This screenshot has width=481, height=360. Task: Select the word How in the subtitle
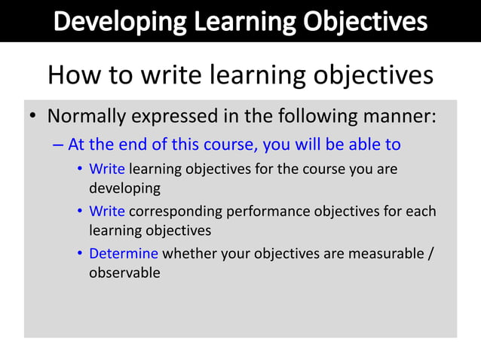click(x=72, y=75)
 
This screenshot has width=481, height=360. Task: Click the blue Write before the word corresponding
click(x=107, y=212)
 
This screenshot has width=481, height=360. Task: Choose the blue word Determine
click(x=124, y=254)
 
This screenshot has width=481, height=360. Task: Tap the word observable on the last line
click(x=124, y=273)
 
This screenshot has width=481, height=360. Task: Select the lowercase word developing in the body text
click(x=124, y=188)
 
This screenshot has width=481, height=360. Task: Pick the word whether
click(x=187, y=254)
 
